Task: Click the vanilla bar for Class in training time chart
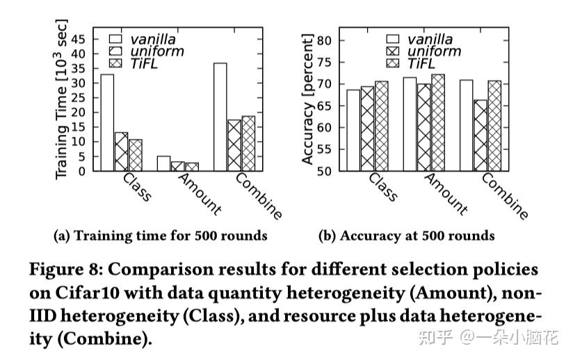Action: pyautogui.click(x=107, y=122)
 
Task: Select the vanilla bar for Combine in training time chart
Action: pyautogui.click(x=220, y=117)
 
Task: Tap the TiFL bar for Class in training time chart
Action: pyautogui.click(x=135, y=155)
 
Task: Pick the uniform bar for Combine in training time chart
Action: pyautogui.click(x=234, y=145)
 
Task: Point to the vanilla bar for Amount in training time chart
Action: pyautogui.click(x=163, y=163)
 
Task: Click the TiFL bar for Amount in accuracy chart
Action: pyautogui.click(x=438, y=122)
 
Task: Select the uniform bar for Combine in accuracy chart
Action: pyautogui.click(x=480, y=136)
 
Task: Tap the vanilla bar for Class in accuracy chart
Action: pyautogui.click(x=353, y=130)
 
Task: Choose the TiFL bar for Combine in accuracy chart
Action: pyautogui.click(x=494, y=126)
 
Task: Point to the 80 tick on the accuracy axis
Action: pyautogui.click(x=325, y=40)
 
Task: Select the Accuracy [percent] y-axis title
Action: pyautogui.click(x=307, y=99)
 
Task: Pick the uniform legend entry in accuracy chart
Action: pyautogui.click(x=433, y=51)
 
